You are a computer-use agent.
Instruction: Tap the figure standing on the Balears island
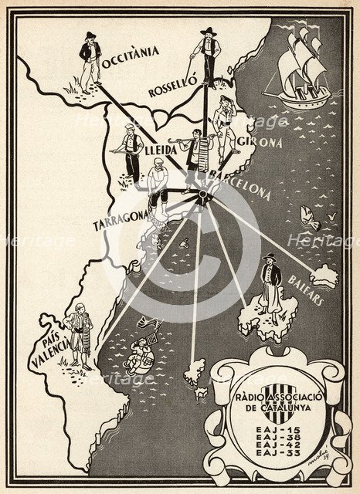click(270, 281)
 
